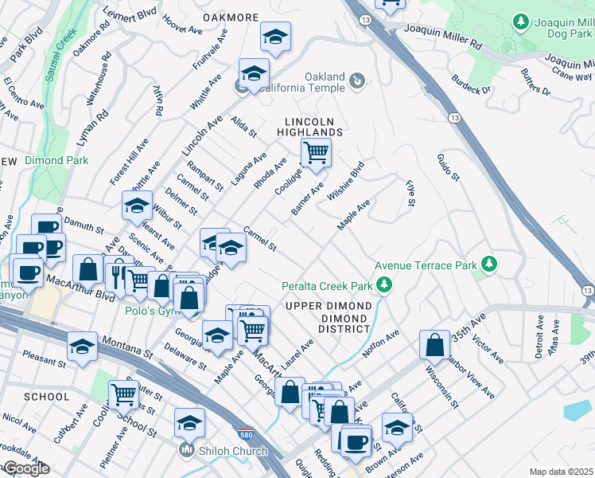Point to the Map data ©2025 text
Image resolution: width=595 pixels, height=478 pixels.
click(x=561, y=472)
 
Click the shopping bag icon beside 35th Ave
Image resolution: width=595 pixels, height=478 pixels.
click(x=434, y=345)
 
